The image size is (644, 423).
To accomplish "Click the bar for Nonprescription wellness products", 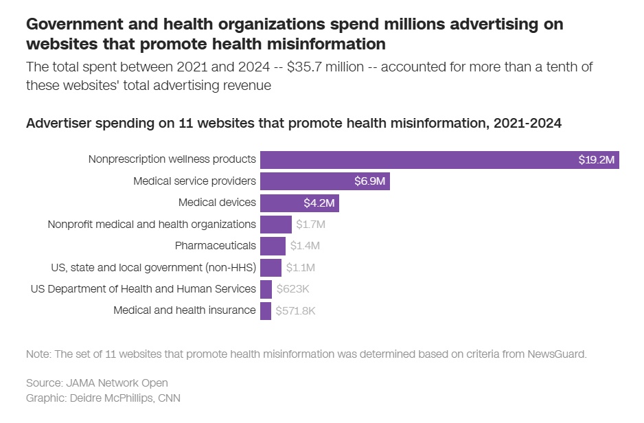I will pos(439,160).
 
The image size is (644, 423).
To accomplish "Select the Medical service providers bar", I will pos(325,181).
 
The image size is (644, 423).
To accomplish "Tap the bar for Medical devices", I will pos(299,203).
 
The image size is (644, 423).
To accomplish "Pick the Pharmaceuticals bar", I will pos(273,246).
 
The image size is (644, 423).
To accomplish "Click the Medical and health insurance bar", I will pos(266,310).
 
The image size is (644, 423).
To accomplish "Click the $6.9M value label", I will pos(371,182).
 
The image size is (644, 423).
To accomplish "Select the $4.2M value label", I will pos(319,203).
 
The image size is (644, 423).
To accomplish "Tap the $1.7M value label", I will pos(310,225).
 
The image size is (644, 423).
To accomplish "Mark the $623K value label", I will pos(292,289).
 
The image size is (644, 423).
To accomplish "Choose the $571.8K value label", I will pos(295,310).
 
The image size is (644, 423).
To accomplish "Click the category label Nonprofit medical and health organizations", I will pos(152,225).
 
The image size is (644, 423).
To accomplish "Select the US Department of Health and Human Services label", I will pos(143,289).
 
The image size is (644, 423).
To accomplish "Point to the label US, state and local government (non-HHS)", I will pos(154,267).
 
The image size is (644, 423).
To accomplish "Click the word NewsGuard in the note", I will pos(557,354).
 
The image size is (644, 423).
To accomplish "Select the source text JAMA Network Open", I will pos(115,382).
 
